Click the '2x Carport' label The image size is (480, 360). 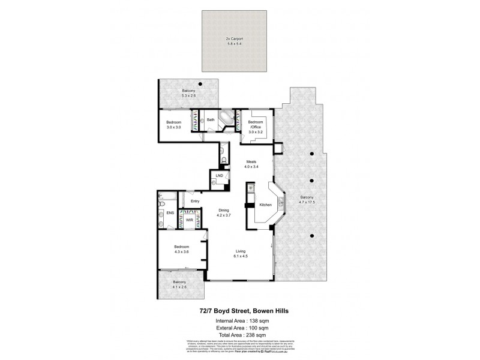point(235,39)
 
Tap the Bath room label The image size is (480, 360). point(211,120)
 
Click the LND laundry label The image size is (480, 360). point(220,175)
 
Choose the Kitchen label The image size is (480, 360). point(266,205)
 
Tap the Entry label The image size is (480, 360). point(195,201)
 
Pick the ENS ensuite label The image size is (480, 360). point(170,212)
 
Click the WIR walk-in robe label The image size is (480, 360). point(190,220)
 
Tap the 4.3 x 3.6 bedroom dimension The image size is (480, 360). point(182,251)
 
